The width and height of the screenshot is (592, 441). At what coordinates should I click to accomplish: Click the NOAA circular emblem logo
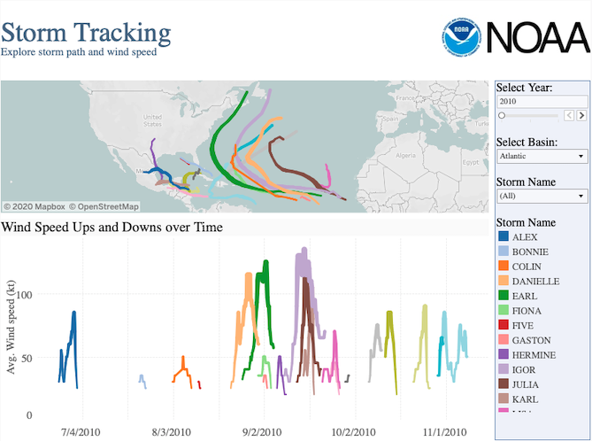coord(462,36)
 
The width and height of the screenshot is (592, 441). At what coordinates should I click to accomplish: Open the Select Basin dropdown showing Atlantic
coord(542,156)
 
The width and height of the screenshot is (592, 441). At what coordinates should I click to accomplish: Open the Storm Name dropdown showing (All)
coord(542,196)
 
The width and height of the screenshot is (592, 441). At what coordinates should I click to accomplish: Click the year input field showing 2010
coord(542,102)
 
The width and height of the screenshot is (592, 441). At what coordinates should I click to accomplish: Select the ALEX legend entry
coord(524,237)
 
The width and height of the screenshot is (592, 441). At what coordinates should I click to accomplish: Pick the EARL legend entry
coord(524,296)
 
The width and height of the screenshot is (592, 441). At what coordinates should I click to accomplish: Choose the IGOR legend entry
coord(524,369)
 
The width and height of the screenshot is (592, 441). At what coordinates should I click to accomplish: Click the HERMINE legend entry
coord(530,354)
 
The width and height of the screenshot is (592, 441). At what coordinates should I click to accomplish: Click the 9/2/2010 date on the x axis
coord(262,432)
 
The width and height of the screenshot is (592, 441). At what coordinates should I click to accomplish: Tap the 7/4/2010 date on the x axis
coord(81,432)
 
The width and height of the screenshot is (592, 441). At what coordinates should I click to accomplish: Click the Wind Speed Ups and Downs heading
coord(111,228)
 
